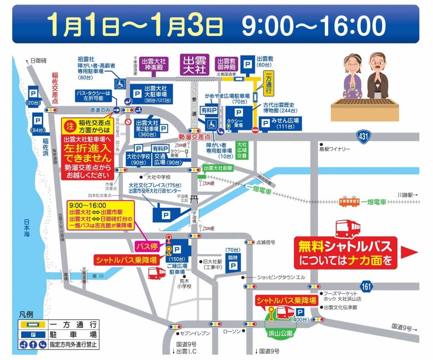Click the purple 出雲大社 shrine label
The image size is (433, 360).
pyautogui.click(x=195, y=65)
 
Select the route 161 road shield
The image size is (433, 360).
pyautogui.click(x=367, y=286)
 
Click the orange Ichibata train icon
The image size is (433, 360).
pyautogui.click(x=349, y=202)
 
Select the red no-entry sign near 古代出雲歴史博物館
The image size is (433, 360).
pyautogui.click(x=255, y=130)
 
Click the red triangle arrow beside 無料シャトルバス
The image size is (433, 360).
pyautogui.click(x=408, y=253)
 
